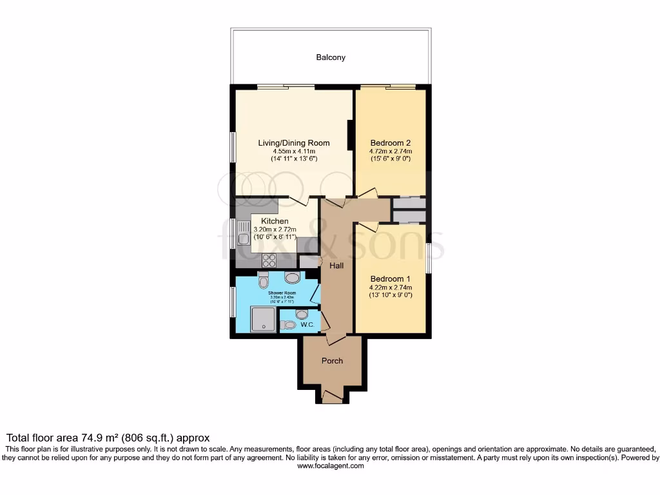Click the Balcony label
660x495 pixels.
point(331,57)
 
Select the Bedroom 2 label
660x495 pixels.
point(390,143)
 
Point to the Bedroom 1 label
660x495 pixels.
point(390,278)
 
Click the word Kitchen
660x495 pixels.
point(275,221)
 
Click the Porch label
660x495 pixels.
point(332,360)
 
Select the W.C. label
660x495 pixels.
point(307,325)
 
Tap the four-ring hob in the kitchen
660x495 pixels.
point(268,261)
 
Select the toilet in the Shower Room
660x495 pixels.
point(263,282)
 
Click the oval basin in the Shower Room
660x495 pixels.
point(292,278)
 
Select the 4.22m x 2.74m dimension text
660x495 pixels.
point(391,287)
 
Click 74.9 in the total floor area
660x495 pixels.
point(95,437)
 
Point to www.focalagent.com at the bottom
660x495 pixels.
point(329,466)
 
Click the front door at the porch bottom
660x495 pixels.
point(332,400)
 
